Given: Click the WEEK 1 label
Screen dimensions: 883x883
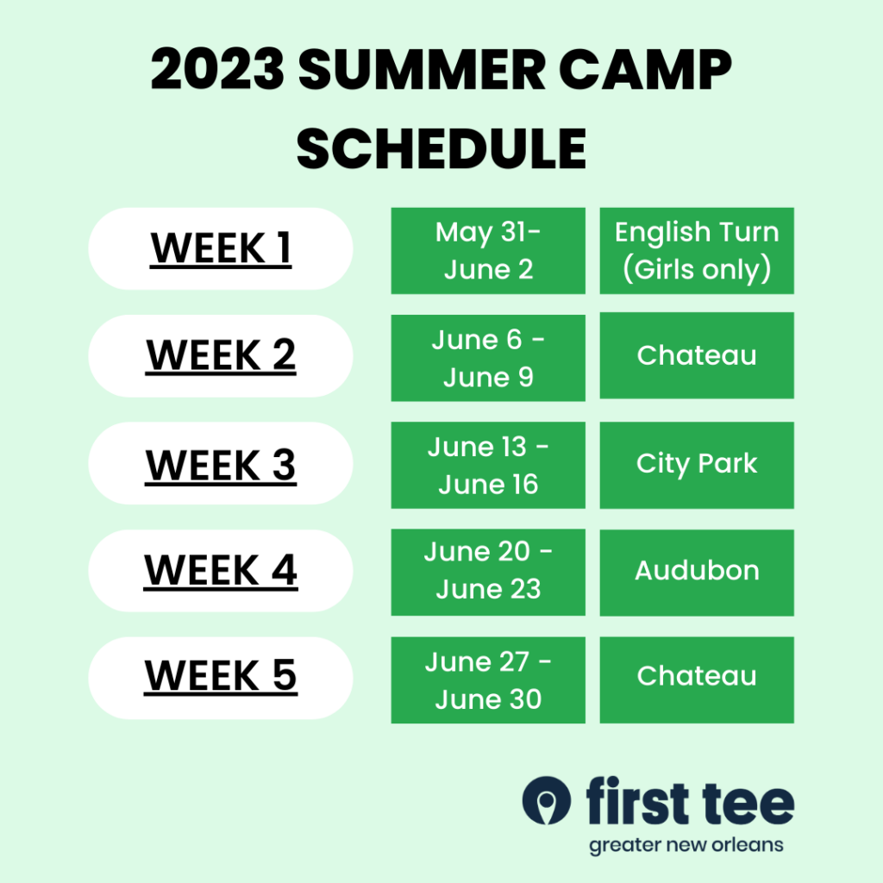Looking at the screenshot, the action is click(x=221, y=248).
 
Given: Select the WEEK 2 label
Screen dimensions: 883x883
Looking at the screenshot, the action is click(x=221, y=356).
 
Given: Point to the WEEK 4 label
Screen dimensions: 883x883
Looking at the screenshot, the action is click(x=221, y=571).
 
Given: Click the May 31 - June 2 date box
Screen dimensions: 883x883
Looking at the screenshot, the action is click(x=488, y=251).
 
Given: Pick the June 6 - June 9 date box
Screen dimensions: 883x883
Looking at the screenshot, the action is click(x=488, y=358).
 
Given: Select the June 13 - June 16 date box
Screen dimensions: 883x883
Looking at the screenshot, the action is click(x=488, y=465).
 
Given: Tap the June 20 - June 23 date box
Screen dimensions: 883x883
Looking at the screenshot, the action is click(x=488, y=573).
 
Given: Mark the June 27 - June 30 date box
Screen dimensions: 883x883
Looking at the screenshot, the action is click(x=488, y=680).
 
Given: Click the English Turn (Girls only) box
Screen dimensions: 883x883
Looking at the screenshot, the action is click(x=697, y=251).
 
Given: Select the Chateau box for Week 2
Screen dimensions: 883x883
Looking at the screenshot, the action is click(x=697, y=355).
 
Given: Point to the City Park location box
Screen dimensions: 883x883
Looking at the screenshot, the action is click(x=697, y=465).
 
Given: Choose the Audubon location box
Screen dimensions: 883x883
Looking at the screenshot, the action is click(x=697, y=573).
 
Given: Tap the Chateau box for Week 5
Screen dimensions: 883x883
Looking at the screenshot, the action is click(x=697, y=680).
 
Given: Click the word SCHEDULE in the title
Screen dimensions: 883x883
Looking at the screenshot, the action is click(x=441, y=148).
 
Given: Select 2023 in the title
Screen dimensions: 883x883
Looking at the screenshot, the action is click(x=217, y=69).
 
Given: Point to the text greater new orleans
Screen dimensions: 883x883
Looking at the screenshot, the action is click(x=686, y=846).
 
